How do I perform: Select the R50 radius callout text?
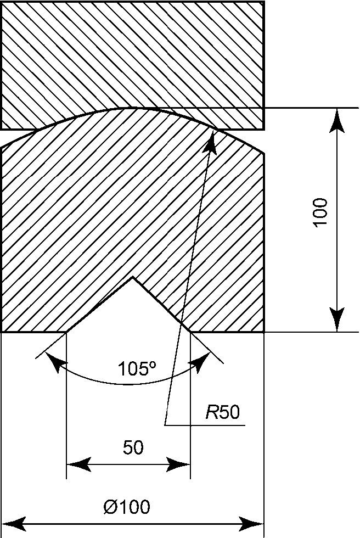(x=223, y=412)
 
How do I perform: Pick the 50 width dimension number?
(x=133, y=448)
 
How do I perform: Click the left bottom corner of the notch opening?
(x=66, y=332)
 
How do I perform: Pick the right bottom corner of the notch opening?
(x=190, y=332)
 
